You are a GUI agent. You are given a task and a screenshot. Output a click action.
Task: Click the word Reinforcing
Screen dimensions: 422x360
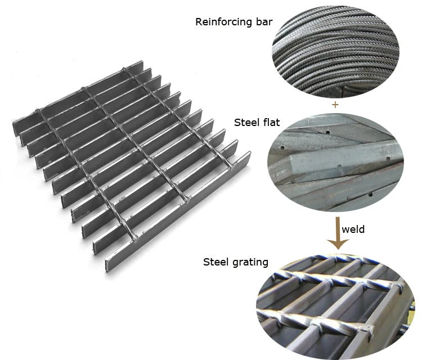221,22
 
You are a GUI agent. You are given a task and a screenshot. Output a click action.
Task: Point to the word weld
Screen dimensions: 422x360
353,229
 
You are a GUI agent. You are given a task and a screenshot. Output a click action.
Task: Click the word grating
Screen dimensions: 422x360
250,262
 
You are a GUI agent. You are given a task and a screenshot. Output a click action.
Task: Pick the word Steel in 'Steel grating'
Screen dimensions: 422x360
215,262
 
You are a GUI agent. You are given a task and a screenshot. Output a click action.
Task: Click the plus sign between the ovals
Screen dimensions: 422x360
335,105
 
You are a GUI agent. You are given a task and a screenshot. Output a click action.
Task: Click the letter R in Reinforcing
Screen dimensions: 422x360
199,22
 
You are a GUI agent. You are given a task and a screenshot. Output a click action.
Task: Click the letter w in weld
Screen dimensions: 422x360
345,229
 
